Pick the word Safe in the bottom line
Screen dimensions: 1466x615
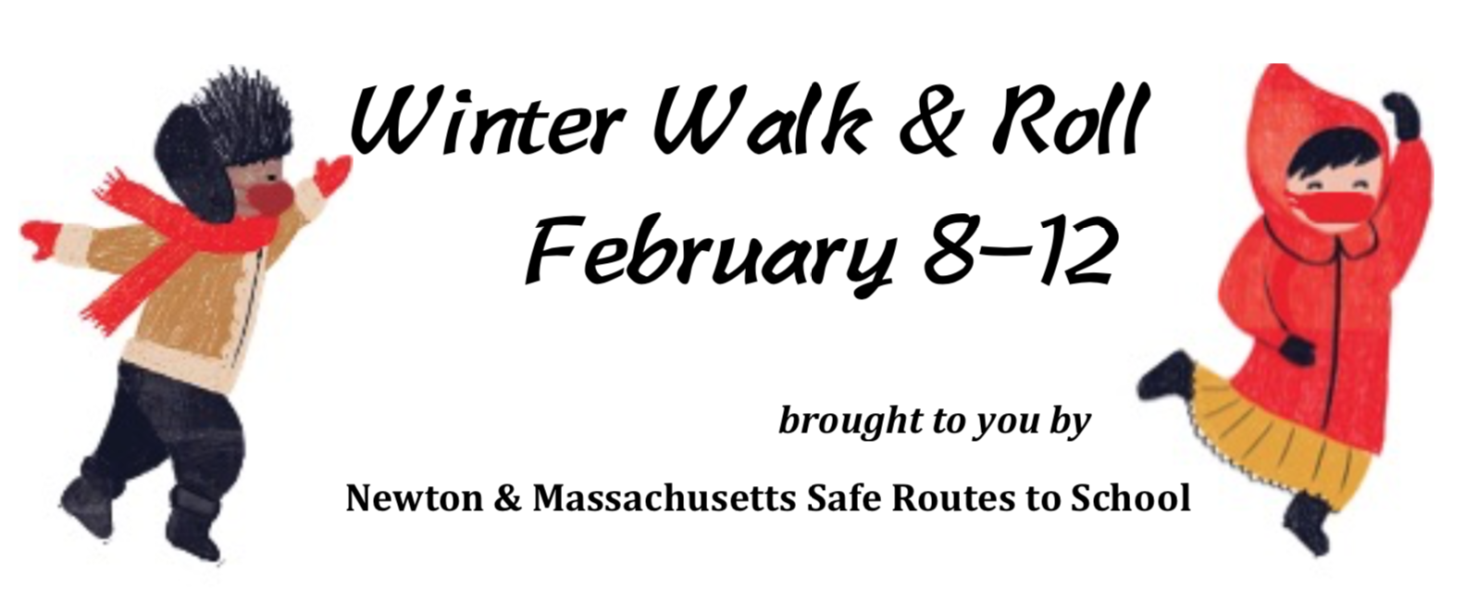tap(845, 499)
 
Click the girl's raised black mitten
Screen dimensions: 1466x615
tap(1400, 115)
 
